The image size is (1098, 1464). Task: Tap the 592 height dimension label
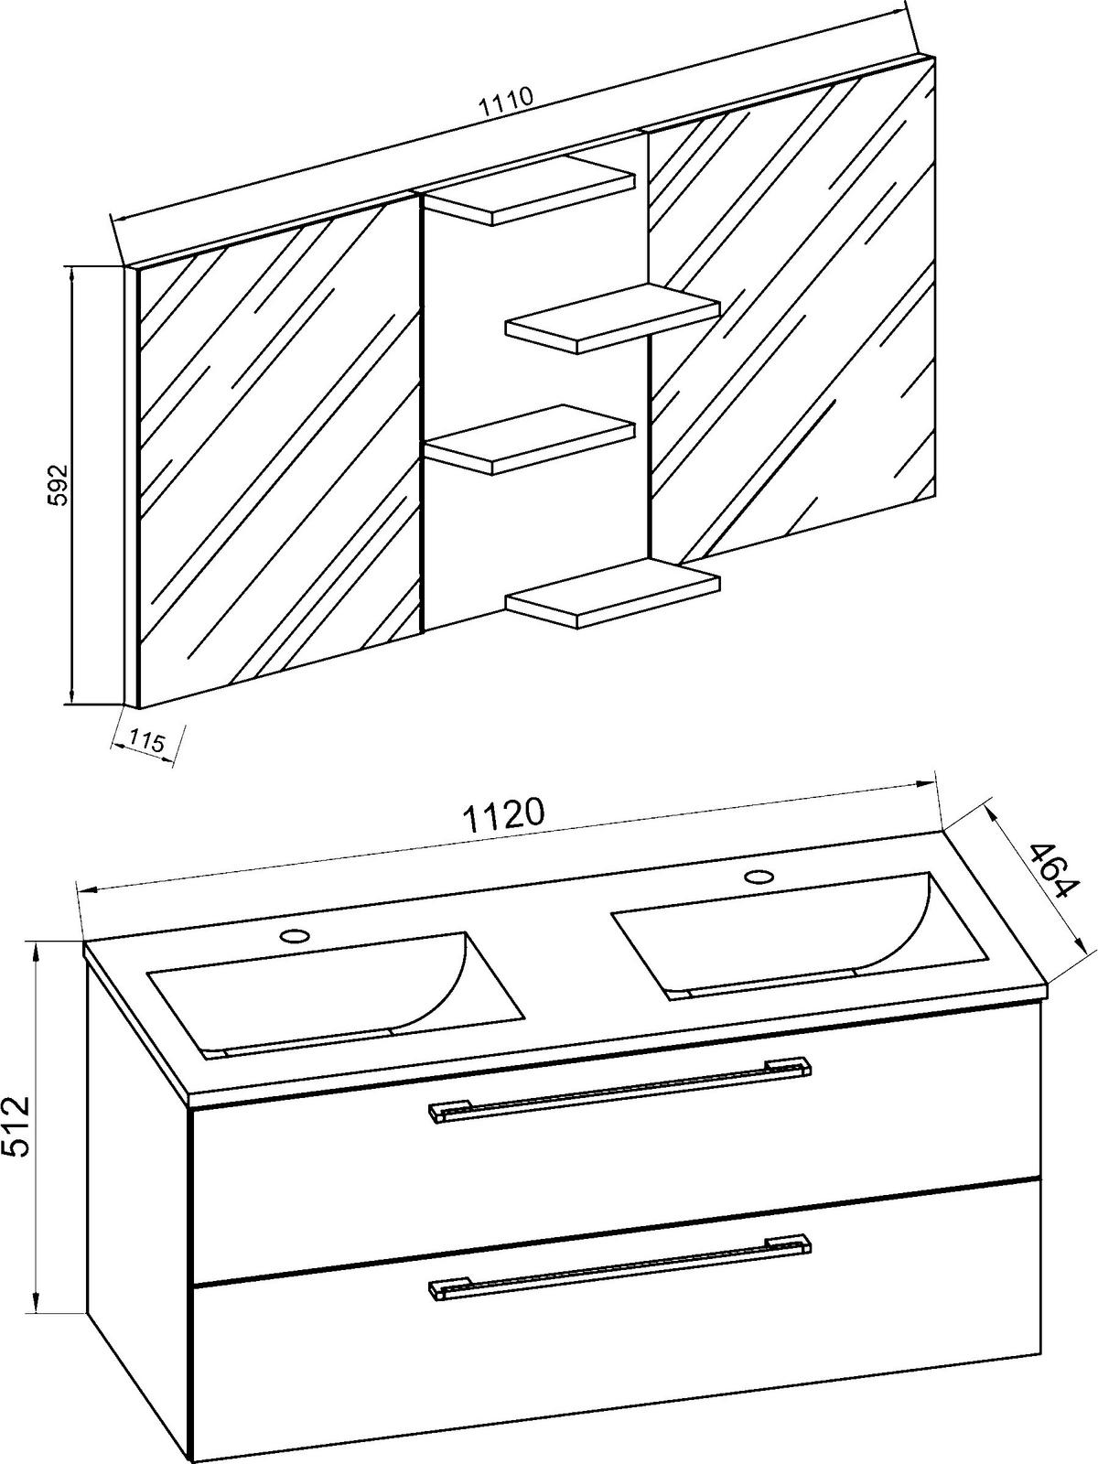58,486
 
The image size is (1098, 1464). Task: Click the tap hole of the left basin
295,936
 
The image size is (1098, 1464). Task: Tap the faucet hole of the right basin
759,877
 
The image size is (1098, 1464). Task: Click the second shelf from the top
612,318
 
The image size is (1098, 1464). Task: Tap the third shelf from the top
529,440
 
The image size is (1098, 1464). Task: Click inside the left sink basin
335,994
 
